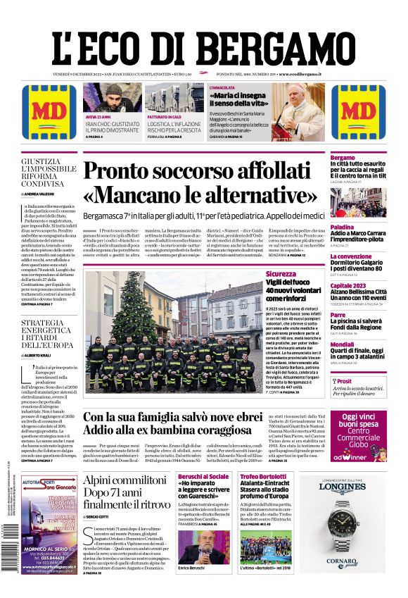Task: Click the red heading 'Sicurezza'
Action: (281, 274)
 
